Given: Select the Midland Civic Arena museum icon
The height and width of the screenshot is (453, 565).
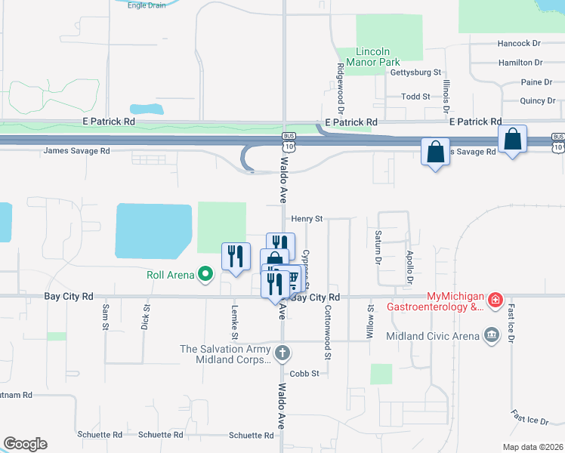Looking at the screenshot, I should coord(492,334).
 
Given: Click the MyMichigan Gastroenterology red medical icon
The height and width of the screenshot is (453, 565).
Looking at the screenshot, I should coord(495,301).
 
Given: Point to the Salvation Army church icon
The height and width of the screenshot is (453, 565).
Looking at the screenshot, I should coord(282,353).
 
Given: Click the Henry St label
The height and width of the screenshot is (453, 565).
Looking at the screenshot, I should coord(307,219).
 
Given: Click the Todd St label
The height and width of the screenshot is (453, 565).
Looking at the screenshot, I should coord(415,97).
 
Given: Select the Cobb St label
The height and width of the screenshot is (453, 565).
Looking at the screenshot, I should coord(305,373).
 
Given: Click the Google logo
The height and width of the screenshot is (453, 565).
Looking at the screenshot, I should coord(25,444).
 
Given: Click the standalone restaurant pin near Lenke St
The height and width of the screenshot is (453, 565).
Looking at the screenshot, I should coord(236,257).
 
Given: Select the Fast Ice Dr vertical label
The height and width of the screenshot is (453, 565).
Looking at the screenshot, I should coord(511,321).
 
